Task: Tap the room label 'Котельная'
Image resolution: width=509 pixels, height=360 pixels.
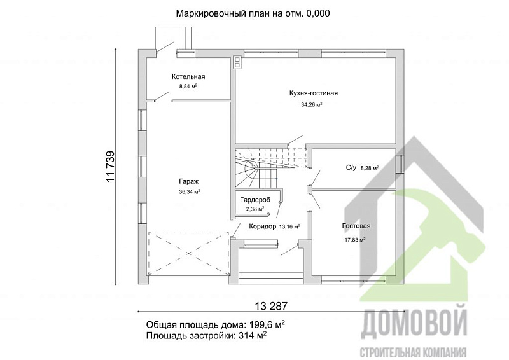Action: pos(188,76)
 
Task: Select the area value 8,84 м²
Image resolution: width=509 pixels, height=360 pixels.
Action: pos(188,86)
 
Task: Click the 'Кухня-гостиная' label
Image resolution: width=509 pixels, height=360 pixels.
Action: pos(312,93)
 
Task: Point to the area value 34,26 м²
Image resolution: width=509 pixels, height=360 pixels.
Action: pos(312,104)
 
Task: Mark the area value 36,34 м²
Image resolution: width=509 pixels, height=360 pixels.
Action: pos(189,191)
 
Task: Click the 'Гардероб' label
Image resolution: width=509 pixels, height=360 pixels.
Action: pos(255,200)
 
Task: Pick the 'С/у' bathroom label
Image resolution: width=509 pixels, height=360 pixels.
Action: pos(351,168)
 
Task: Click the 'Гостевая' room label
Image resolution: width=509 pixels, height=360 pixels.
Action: pos(356,226)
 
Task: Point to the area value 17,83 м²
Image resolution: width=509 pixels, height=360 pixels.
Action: pos(354,240)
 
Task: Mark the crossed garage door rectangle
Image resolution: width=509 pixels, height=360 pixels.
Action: pos(188,253)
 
